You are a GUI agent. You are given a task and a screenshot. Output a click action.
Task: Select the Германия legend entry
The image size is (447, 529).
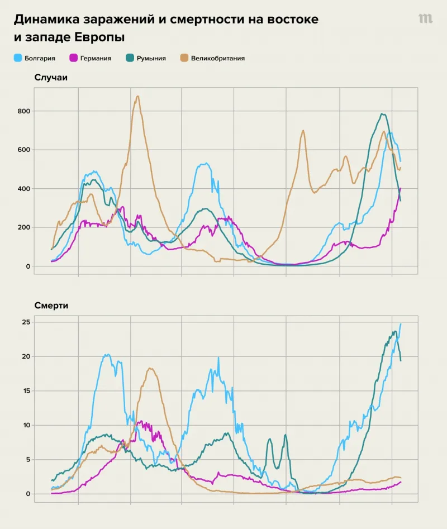point(95,58)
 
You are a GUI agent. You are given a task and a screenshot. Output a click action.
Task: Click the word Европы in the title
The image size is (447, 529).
point(99,37)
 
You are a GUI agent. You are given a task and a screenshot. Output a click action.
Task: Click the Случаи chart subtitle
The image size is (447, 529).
point(51,78)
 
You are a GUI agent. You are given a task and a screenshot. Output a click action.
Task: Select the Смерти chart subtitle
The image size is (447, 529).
point(51,306)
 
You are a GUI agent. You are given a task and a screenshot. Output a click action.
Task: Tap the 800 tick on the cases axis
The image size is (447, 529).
point(23,111)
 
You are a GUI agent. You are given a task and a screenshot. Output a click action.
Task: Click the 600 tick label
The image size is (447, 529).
point(23,150)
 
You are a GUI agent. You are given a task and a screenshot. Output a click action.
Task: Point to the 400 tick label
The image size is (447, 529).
point(23,189)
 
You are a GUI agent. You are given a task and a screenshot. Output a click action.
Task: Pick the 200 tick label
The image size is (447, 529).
point(23,227)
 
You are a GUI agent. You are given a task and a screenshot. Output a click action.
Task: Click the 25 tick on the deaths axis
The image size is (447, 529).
point(25,322)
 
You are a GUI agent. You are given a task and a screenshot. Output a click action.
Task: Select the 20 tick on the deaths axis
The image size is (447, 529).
point(25,356)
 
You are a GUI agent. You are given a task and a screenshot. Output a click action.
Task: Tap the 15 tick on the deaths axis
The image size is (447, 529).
point(25,391)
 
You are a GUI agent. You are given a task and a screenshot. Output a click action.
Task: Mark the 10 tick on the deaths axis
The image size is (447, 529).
point(25,425)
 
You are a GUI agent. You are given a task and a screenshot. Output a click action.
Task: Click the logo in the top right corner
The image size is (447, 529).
point(425,18)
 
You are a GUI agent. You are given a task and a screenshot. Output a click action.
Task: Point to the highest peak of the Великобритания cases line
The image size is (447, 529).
point(137,96)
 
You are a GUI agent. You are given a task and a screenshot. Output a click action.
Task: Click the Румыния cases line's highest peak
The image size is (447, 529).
point(383,114)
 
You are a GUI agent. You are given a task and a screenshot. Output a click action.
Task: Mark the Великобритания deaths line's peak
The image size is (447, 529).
point(150,368)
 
